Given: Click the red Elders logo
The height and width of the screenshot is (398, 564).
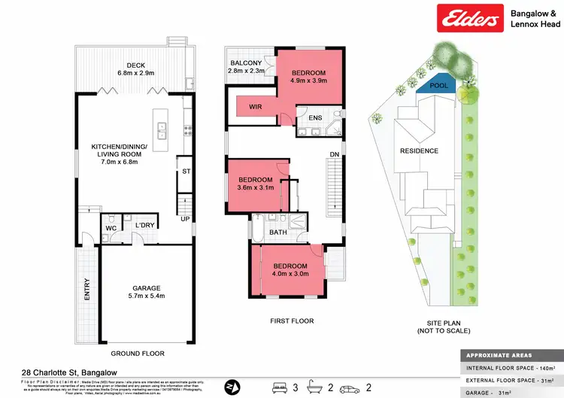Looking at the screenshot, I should pyautogui.click(x=471, y=19).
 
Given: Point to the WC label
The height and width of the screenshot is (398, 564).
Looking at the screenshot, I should pyautogui.click(x=109, y=226).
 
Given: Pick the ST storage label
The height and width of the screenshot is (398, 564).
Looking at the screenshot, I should pyautogui.click(x=186, y=172).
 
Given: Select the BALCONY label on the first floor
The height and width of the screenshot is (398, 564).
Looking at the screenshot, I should pyautogui.click(x=245, y=62).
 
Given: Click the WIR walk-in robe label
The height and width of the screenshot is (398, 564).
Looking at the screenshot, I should pyautogui.click(x=255, y=108).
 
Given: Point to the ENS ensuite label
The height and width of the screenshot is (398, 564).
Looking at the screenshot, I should pyautogui.click(x=316, y=118).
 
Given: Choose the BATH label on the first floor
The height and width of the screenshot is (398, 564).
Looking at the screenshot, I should pyautogui.click(x=278, y=232).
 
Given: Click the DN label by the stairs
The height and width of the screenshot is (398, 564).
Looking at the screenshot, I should pyautogui.click(x=334, y=156).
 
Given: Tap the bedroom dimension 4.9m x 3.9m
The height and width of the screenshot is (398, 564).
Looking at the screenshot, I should pyautogui.click(x=310, y=83).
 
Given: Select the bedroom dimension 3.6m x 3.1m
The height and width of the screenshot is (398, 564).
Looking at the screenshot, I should pyautogui.click(x=255, y=189).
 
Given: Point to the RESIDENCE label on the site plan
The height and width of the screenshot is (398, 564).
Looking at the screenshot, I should pyautogui.click(x=419, y=150).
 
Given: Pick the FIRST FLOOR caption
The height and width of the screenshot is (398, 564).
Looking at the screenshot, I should pyautogui.click(x=292, y=321).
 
